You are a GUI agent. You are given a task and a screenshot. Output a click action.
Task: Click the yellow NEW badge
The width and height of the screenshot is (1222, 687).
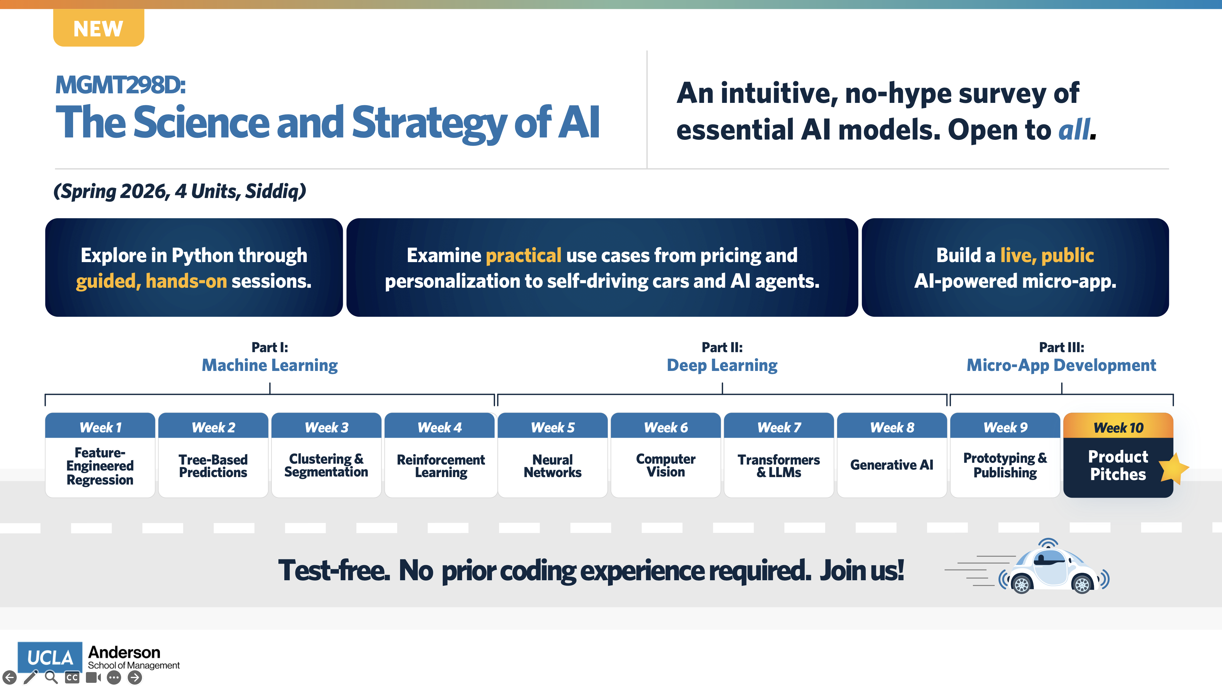[98, 28]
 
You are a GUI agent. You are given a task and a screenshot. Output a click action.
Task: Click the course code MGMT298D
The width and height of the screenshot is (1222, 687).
[120, 85]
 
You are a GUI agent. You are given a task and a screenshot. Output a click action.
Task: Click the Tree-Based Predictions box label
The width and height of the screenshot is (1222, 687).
[213, 466]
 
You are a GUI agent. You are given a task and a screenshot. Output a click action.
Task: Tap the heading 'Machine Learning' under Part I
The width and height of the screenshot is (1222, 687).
[269, 365]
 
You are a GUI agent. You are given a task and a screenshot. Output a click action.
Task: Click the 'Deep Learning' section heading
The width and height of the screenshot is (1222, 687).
[721, 365]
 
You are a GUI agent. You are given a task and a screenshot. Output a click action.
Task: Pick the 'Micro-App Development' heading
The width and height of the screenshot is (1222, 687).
[1061, 365]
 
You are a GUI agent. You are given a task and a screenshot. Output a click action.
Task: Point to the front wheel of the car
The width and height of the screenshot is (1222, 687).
[1082, 584]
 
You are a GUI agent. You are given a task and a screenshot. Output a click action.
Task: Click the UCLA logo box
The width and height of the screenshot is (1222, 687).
[50, 657]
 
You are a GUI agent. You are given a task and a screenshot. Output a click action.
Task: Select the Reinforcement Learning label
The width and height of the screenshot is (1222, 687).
[440, 466]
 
